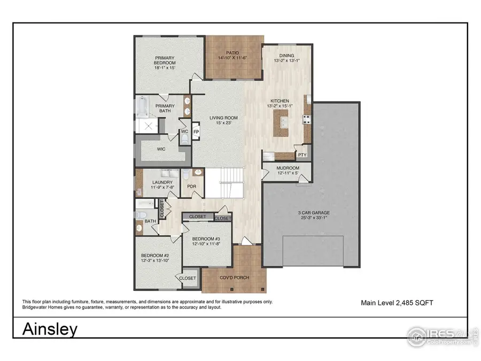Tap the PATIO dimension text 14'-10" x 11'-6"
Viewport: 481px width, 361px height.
click(x=233, y=58)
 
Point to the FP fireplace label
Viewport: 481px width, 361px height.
click(x=196, y=132)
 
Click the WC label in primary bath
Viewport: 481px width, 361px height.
click(x=184, y=132)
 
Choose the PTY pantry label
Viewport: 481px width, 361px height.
click(x=302, y=155)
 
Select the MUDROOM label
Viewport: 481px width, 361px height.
click(x=287, y=168)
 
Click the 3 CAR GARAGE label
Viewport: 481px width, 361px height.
click(x=310, y=213)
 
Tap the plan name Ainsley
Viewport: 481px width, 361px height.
click(x=49, y=329)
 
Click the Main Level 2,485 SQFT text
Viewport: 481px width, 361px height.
click(x=397, y=303)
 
